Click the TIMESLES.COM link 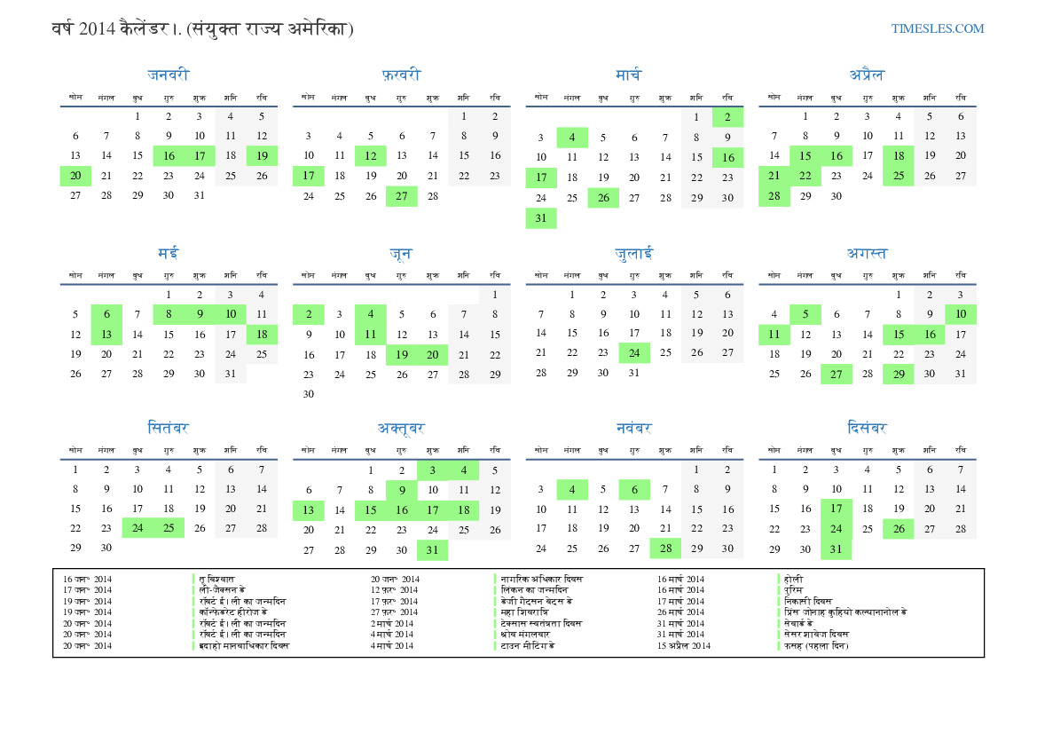tap(938, 28)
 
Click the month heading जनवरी tap(169, 75)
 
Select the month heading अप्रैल tap(866, 75)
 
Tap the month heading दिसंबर tap(866, 429)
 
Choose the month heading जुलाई tap(633, 254)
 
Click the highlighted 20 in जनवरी tap(75, 176)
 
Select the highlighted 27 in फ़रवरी tap(402, 196)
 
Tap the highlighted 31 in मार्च tap(541, 218)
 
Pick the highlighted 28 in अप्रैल tap(774, 196)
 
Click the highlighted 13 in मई tap(106, 335)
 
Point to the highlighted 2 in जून tap(309, 314)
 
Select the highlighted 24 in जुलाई tap(634, 352)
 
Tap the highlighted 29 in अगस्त tap(899, 374)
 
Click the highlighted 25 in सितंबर tap(169, 528)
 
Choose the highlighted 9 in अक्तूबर tap(402, 489)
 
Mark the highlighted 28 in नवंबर tap(665, 549)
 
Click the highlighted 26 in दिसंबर tap(899, 529)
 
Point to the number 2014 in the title tap(97, 29)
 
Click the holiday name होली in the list tap(792, 580)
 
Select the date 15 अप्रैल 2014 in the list tap(684, 645)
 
